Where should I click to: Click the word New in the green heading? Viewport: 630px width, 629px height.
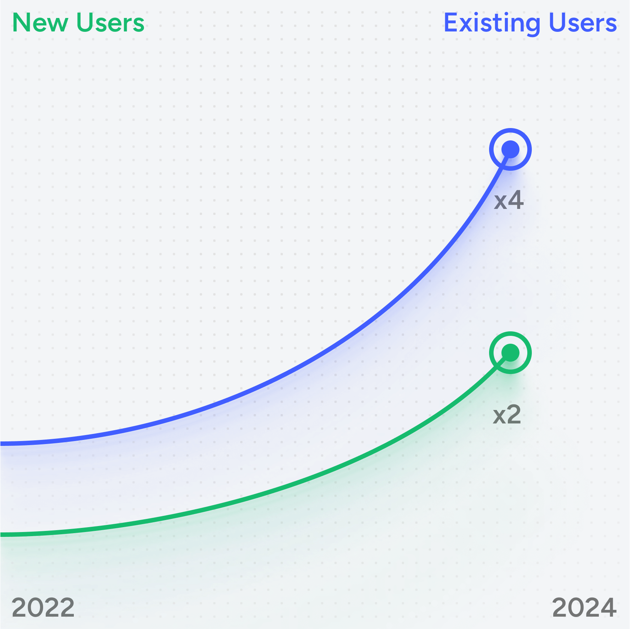40,23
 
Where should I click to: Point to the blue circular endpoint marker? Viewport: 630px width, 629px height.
510,149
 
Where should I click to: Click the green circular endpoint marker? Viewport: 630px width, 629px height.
510,353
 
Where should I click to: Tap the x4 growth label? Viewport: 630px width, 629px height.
509,201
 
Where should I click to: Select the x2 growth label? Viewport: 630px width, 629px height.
507,415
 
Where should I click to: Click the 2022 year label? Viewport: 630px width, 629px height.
43,607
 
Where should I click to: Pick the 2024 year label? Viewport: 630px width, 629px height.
584,607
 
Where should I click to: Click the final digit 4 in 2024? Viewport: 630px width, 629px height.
608,607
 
